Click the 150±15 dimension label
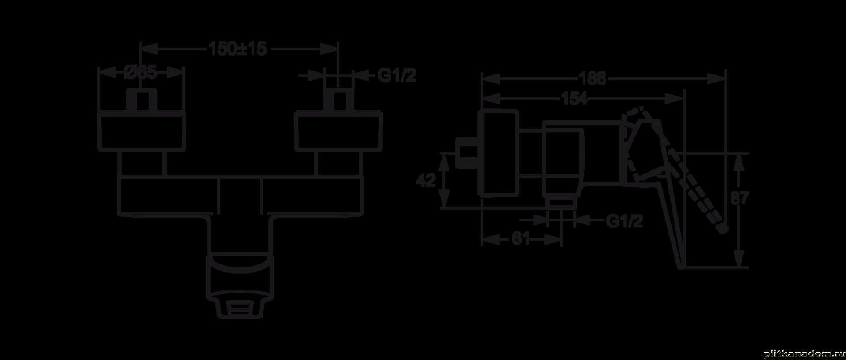(238, 48)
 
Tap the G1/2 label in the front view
(397, 76)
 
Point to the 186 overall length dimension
(593, 79)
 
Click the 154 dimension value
(574, 99)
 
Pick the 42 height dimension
(426, 180)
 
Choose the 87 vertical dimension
(739, 199)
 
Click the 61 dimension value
(521, 239)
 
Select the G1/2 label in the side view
(624, 221)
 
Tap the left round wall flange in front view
(141, 132)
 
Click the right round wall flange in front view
(338, 132)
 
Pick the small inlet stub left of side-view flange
(468, 154)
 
